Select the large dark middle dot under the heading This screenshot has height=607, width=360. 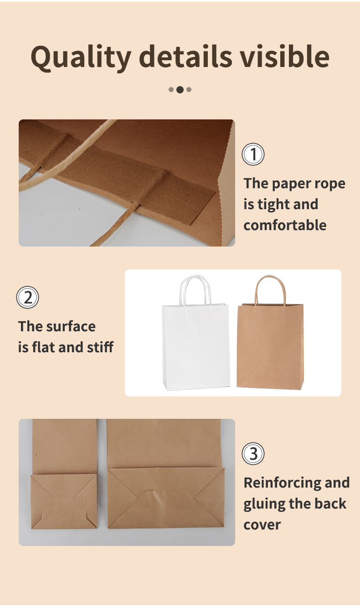coord(180,90)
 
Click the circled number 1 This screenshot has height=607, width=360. coord(253,154)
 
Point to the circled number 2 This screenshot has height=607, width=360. coord(28,297)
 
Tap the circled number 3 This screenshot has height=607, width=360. coord(253,453)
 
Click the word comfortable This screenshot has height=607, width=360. coord(285,225)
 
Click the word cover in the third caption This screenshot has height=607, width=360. coord(262,525)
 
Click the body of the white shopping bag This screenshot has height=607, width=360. coord(196,347)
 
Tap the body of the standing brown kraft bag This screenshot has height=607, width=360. coord(270,347)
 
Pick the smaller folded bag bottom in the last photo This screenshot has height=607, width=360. coord(64,501)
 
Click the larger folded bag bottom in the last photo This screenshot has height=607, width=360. coord(166,498)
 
